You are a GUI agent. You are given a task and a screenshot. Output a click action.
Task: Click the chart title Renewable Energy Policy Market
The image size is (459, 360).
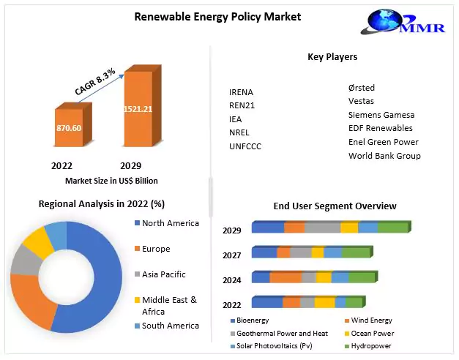(x=207, y=16)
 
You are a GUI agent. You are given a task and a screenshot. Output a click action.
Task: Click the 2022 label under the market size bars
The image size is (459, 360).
(x=61, y=165)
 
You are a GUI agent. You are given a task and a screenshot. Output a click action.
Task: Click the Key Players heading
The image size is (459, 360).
(x=332, y=57)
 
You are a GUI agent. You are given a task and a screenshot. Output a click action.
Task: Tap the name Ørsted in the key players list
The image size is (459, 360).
(x=362, y=89)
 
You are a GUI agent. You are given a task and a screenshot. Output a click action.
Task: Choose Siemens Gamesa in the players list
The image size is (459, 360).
(x=381, y=115)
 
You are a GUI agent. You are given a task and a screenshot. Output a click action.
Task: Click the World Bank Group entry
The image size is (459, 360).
(x=384, y=156)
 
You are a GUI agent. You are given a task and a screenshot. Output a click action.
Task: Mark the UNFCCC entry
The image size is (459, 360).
(x=245, y=146)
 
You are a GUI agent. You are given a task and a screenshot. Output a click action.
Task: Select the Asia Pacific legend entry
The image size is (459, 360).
(x=163, y=274)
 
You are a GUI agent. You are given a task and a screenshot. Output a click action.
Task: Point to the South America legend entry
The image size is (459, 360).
(x=170, y=326)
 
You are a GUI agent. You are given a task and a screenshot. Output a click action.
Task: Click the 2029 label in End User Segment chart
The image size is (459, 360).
(x=232, y=230)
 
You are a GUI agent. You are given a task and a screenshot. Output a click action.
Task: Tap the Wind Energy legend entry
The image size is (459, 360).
(x=371, y=320)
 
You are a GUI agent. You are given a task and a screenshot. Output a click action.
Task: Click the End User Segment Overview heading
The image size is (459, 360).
(x=335, y=206)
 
